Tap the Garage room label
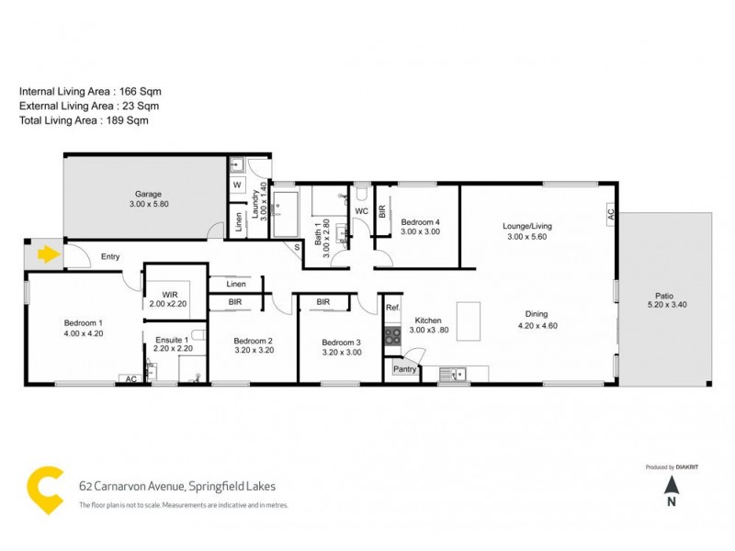(149, 194)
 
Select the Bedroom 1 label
(83, 322)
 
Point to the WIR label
(168, 295)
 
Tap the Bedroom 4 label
(421, 221)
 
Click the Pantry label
(405, 368)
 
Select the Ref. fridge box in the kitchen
(392, 308)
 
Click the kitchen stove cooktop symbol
(392, 335)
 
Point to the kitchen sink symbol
(452, 373)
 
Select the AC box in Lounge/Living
(609, 213)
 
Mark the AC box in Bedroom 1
(130, 378)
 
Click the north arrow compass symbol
(672, 486)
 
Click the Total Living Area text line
(84, 120)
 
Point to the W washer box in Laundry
(236, 185)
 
